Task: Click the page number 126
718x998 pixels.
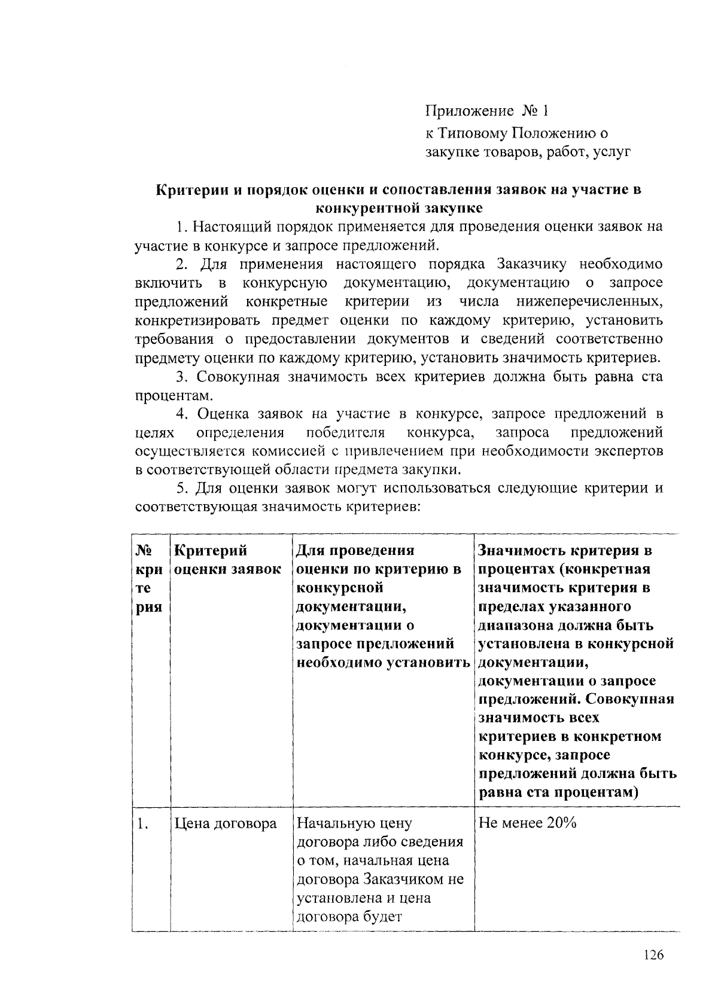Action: tap(653, 955)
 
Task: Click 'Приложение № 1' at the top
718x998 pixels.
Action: tap(486, 111)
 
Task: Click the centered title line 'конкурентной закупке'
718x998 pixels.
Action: tap(398, 208)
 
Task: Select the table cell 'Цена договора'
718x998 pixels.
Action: tap(226, 823)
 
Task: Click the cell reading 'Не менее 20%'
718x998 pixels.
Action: tap(527, 823)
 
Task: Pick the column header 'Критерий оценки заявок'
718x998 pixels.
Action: tap(227, 560)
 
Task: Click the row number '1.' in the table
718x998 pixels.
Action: tap(142, 824)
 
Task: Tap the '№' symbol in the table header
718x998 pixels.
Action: tap(143, 550)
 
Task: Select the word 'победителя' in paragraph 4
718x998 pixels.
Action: tap(345, 432)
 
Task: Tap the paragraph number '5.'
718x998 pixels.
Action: tap(183, 489)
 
